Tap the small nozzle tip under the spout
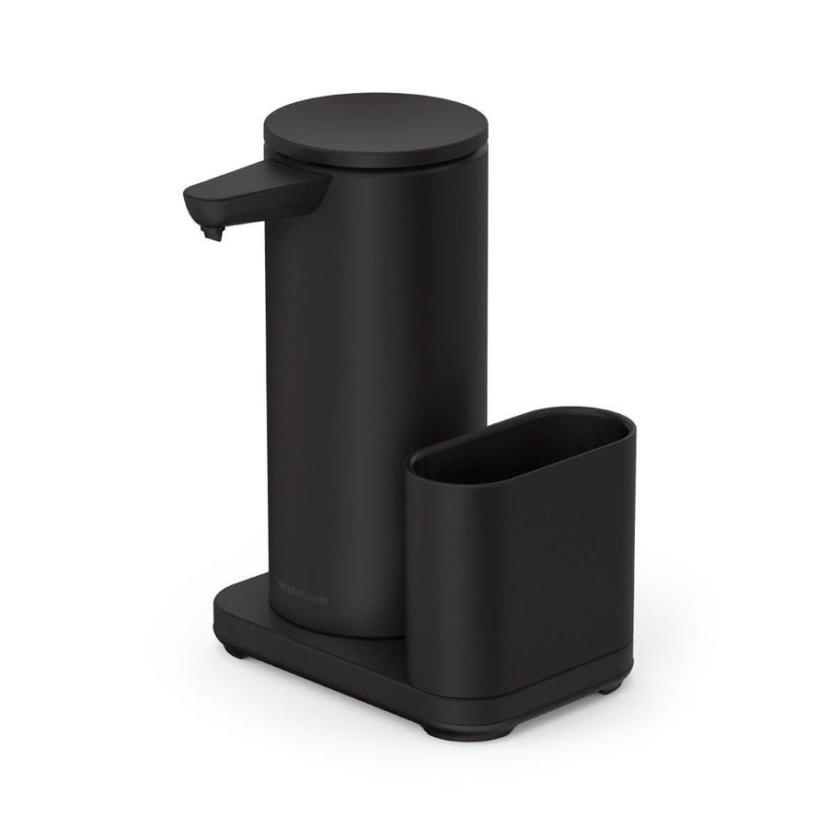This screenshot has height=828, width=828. (x=215, y=236)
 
